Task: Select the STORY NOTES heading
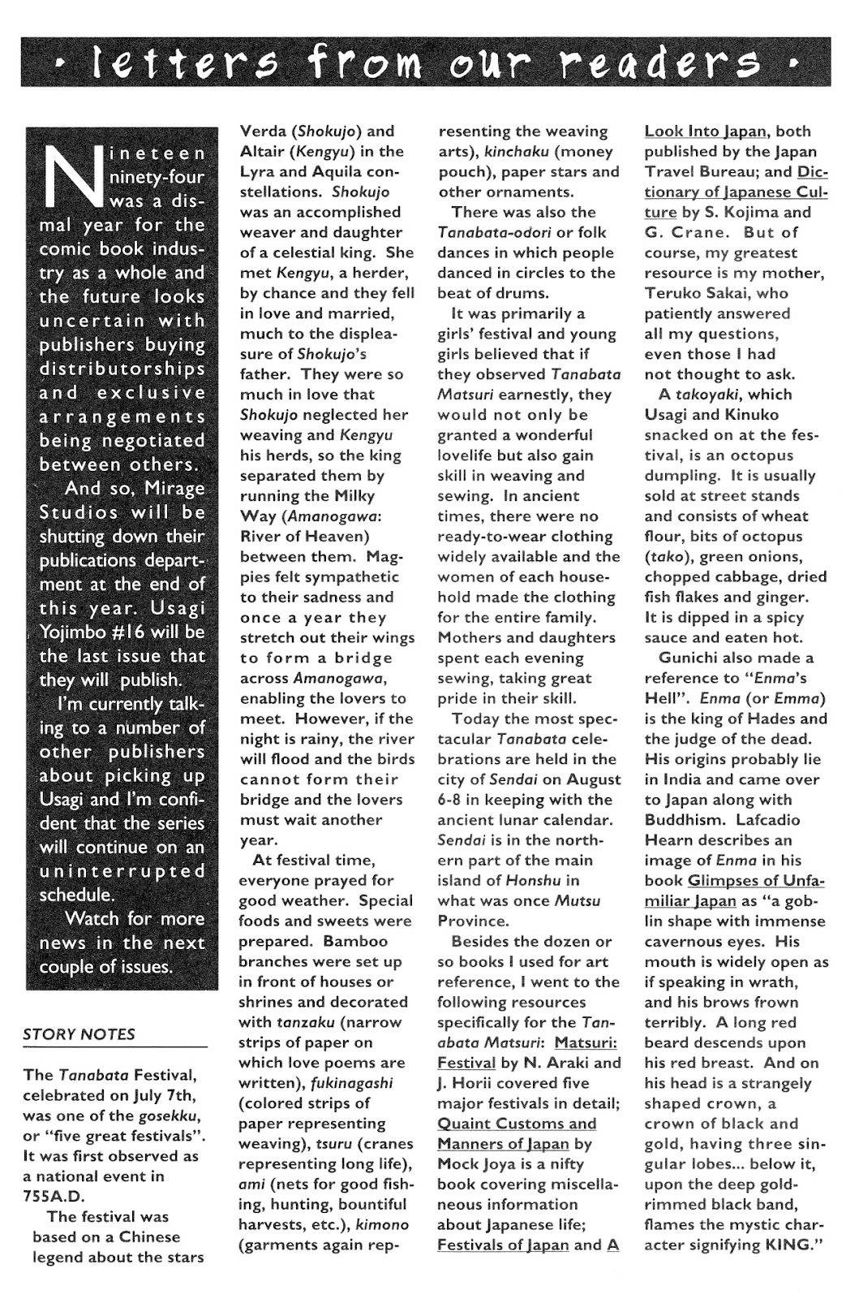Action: tap(79, 1034)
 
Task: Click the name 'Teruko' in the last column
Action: tap(675, 293)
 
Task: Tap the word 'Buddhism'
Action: tap(680, 820)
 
